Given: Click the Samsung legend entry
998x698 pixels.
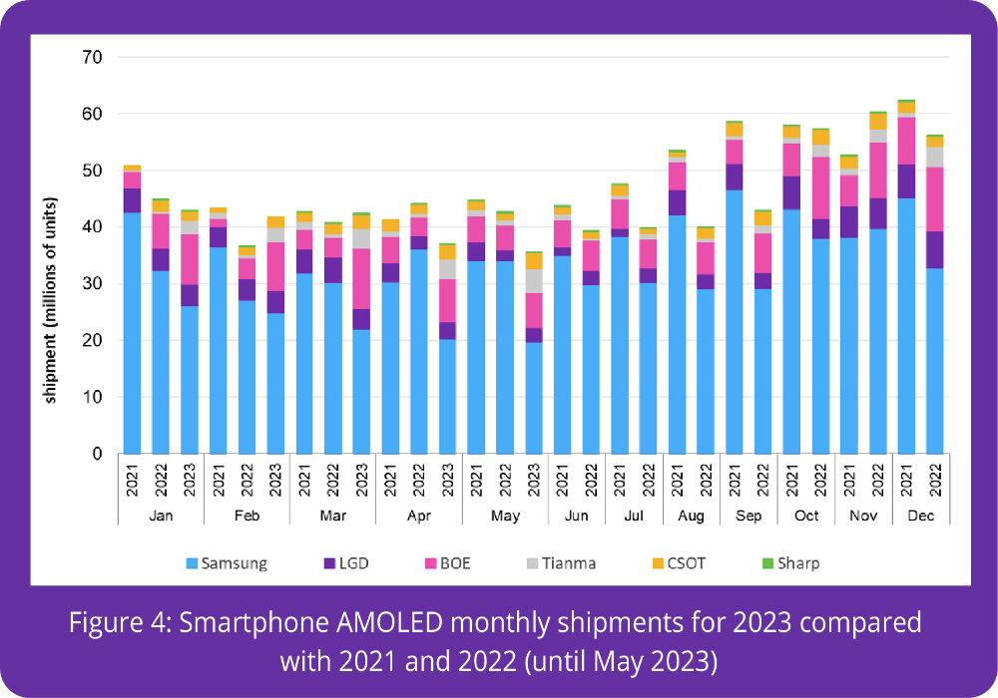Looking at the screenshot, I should click(227, 562).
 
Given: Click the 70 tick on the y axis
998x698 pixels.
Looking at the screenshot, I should click(93, 57).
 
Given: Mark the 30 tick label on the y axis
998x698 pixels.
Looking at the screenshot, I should click(93, 283).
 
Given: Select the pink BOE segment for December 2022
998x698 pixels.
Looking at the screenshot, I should click(936, 198).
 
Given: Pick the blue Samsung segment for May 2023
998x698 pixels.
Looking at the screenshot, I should click(535, 398).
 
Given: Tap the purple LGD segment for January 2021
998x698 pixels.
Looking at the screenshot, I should click(132, 199).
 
